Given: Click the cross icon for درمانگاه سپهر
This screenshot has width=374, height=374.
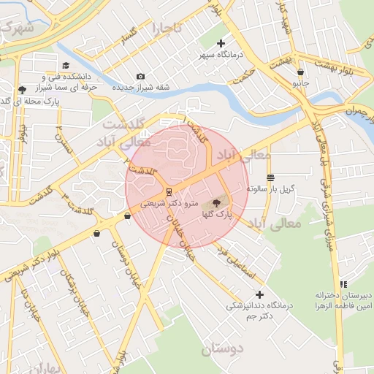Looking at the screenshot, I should coord(221,43).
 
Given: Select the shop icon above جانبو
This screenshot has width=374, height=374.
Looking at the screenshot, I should coord(301,72).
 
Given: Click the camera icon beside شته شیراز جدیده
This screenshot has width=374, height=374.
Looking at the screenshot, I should coord(140,76).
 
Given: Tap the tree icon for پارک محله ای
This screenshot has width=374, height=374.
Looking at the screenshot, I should coord(22,91).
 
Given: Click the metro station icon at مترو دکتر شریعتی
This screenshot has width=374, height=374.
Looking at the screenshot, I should coord(169,192).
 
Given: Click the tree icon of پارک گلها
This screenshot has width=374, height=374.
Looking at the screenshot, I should coord(216,202).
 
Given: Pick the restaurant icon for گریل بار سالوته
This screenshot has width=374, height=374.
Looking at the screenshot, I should coord(270,177).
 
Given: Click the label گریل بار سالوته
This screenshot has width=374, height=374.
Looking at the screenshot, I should coord(270,188).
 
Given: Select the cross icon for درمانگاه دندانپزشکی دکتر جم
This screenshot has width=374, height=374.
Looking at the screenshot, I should coord(259,294).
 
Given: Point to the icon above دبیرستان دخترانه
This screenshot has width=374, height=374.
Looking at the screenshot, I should coord(343,284).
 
